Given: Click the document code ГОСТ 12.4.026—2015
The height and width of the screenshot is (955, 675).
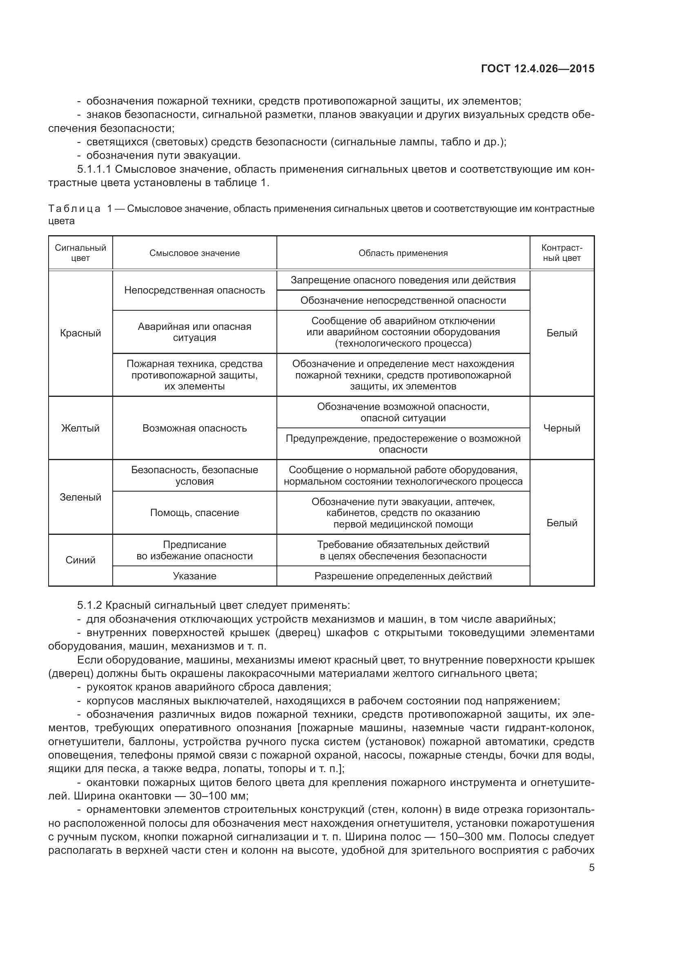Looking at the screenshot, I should click(537, 69).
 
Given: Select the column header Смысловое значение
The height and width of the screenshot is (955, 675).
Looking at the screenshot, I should click(195, 253).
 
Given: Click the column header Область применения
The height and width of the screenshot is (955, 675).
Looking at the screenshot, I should click(403, 253).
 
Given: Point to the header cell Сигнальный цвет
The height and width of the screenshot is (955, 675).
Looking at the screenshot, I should click(81, 253).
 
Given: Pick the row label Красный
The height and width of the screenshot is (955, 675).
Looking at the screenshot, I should click(81, 333).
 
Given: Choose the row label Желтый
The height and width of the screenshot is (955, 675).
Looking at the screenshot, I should click(81, 428).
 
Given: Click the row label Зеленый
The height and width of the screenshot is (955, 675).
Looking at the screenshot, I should click(81, 497).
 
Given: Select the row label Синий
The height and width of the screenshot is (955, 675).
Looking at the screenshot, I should click(81, 560).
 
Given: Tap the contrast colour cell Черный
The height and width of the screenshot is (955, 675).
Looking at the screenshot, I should click(562, 428).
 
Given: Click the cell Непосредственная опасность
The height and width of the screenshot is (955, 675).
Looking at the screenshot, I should click(195, 290).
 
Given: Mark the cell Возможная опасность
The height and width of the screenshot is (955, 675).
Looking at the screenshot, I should click(195, 428).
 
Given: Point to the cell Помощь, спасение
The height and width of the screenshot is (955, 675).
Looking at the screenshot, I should click(195, 512).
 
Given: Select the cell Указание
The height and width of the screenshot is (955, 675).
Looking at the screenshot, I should click(195, 576).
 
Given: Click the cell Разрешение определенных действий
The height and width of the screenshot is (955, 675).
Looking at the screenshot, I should click(403, 576).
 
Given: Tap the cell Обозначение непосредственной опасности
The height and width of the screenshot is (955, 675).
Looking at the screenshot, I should click(403, 301).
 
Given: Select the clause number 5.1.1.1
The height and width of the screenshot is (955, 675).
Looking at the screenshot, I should click(94, 169).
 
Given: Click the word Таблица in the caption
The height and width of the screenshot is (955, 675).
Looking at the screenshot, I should click(74, 209).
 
